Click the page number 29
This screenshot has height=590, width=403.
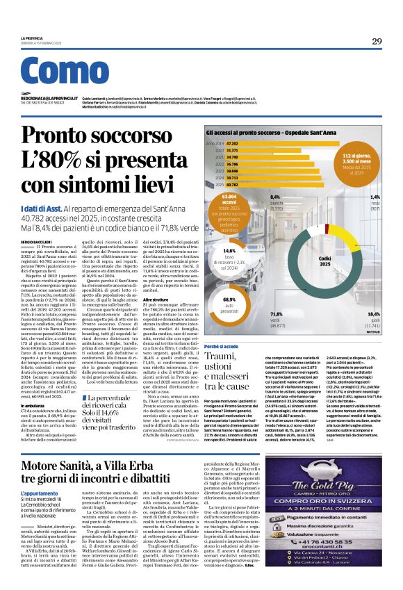377,41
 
